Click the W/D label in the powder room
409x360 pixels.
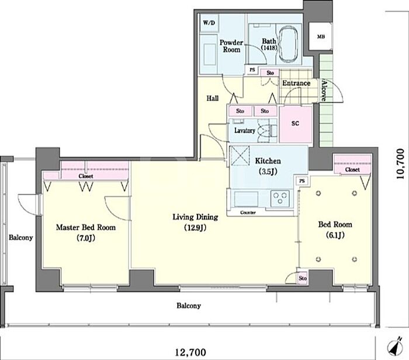(209, 23)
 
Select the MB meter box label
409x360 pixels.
(321, 37)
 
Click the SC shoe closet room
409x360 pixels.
(296, 124)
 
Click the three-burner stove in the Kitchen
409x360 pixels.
(280, 198)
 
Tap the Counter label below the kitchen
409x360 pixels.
(248, 213)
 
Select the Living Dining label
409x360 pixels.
(195, 217)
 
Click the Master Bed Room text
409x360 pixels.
(86, 227)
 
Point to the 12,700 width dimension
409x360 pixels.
(190, 353)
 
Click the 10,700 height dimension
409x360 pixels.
(400, 164)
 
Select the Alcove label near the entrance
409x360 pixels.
(324, 90)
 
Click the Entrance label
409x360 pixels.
(296, 83)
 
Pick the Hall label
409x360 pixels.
(213, 98)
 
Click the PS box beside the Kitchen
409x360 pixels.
(302, 181)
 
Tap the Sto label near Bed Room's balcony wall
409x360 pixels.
(303, 278)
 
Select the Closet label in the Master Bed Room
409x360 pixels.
(86, 176)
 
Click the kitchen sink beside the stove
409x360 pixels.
(246, 199)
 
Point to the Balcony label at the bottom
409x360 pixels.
(189, 306)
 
